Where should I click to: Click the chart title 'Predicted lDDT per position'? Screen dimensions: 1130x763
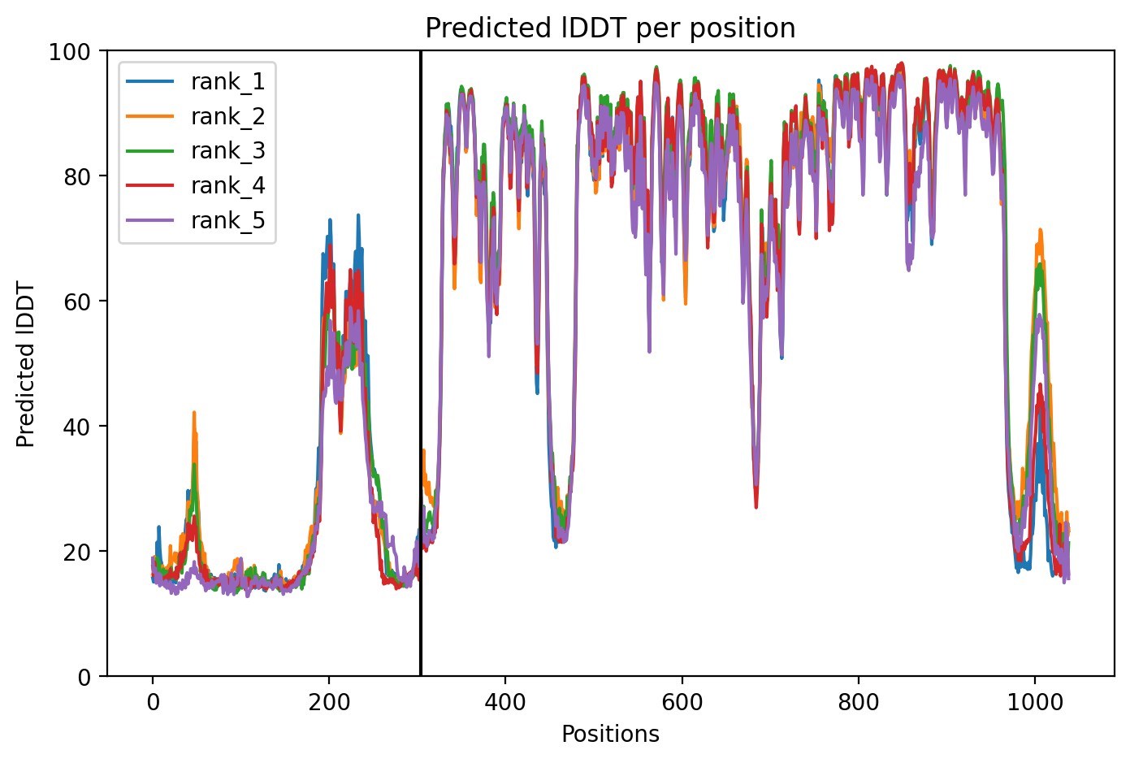[610, 28]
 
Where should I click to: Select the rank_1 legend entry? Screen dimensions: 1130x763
[196, 82]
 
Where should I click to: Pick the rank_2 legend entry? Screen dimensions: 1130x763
[196, 116]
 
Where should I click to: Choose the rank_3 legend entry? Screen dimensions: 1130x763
[196, 151]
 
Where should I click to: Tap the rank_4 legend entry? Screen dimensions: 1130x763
[196, 186]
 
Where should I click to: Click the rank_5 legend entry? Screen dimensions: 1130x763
[196, 220]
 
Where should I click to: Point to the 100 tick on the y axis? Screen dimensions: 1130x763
[70, 51]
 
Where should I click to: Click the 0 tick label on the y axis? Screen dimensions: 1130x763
[84, 677]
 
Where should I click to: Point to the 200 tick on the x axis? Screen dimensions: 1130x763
[329, 702]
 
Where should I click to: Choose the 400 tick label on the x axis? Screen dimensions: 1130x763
[505, 702]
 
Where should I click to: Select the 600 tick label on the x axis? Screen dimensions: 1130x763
[682, 702]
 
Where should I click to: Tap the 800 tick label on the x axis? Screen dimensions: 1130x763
[859, 702]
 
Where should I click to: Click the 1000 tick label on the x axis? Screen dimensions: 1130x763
[1035, 702]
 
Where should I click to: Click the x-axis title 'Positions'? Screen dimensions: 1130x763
[610, 735]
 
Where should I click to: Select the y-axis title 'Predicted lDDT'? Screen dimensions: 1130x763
[25, 363]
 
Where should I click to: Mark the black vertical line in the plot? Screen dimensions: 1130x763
[421, 363]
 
